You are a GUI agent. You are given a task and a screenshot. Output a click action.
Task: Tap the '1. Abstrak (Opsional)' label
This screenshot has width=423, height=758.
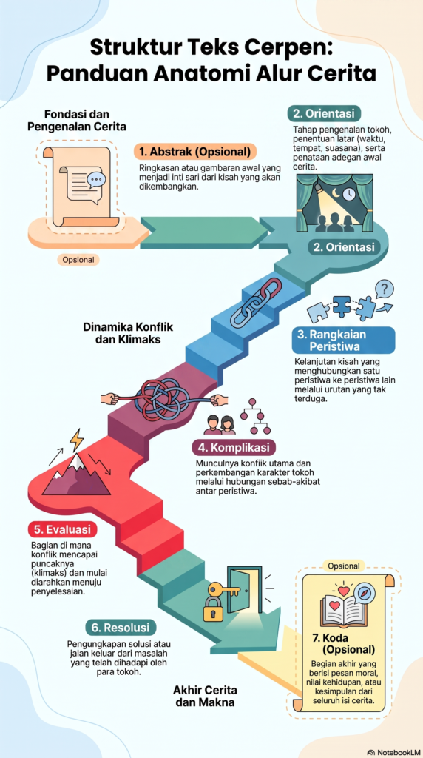(x=195, y=152)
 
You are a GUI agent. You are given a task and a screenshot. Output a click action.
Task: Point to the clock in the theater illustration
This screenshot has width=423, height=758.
(x=350, y=194)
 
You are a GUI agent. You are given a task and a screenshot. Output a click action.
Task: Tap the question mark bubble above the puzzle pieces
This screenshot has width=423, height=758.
(x=385, y=289)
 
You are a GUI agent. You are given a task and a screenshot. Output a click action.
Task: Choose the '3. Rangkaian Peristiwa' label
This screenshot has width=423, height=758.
(x=343, y=341)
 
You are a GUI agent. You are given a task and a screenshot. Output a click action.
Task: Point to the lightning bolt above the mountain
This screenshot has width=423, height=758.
(x=76, y=439)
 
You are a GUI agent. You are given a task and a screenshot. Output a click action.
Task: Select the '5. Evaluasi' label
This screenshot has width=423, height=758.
(x=62, y=529)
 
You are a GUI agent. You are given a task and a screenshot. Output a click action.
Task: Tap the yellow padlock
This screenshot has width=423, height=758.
(x=212, y=609)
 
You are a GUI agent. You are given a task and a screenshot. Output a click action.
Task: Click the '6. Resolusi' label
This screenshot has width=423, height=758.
(x=121, y=628)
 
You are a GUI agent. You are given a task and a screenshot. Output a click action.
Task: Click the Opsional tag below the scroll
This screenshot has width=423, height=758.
(x=78, y=260)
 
